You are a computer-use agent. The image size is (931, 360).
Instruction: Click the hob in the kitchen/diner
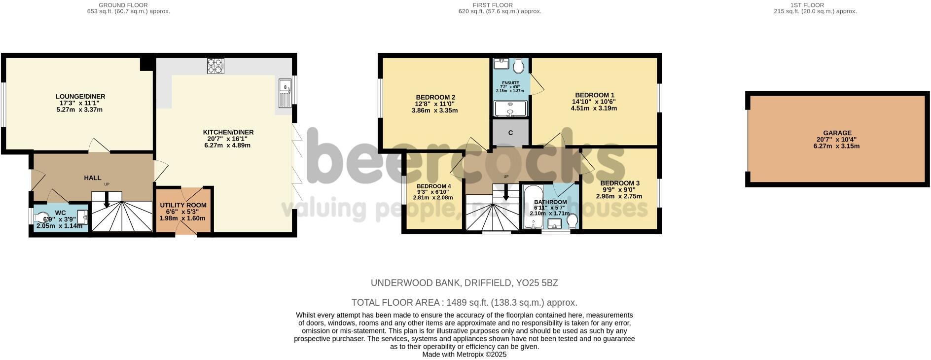coord(215,66)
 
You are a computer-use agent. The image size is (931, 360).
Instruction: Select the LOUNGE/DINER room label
coord(80,97)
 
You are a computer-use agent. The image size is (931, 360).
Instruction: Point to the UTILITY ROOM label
coord(183,205)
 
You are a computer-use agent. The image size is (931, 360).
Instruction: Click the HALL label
coord(93,178)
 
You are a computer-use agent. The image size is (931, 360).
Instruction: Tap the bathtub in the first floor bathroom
coord(531,207)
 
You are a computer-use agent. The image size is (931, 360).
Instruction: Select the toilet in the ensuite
coord(518,65)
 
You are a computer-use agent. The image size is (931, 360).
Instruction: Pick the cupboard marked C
coord(510,133)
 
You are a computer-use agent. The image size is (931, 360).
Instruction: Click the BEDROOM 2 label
coord(435,97)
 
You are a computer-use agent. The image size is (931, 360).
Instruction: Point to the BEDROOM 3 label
coord(620,183)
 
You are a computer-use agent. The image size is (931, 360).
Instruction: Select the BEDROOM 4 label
coord(433,186)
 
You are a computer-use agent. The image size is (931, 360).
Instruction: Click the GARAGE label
coord(837,133)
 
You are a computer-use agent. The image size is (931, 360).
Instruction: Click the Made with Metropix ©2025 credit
coord(464,355)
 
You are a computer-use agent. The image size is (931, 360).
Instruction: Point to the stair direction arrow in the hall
coord(107,201)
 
